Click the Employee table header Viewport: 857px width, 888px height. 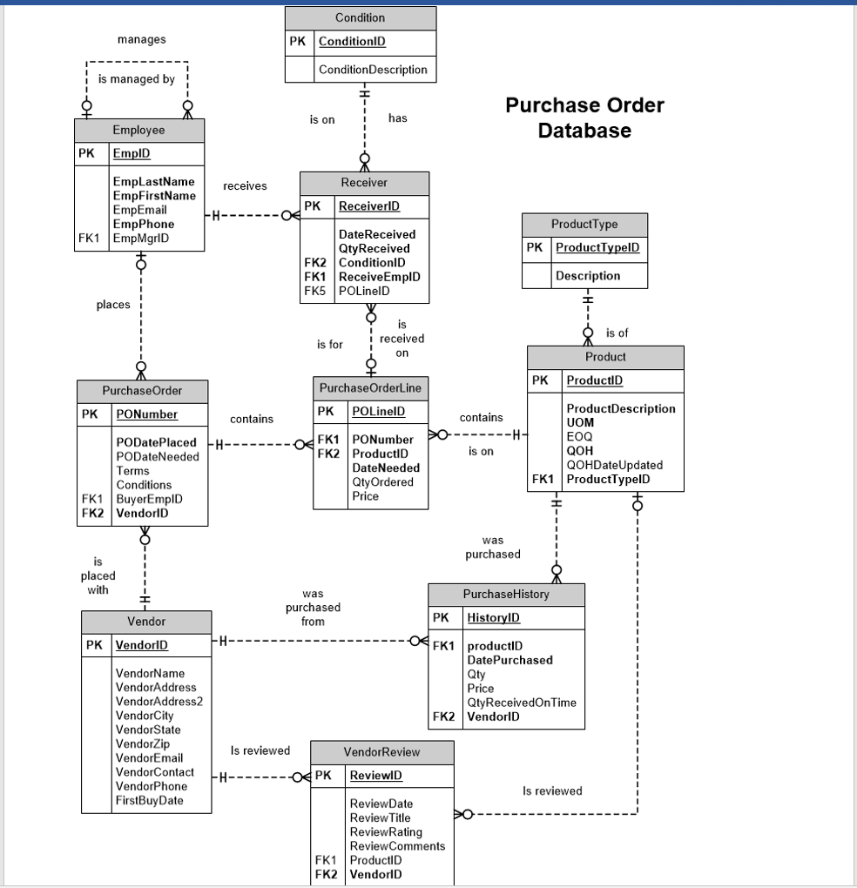coord(139,131)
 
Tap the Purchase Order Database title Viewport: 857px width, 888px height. coord(584,118)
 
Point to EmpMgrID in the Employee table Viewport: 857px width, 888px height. coord(140,238)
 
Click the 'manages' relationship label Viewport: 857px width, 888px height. coord(141,39)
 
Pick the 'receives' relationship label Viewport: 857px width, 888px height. coord(245,186)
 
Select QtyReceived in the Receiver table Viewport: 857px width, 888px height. coord(374,248)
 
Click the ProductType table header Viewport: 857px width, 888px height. coord(584,225)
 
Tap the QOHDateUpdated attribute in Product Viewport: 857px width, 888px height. coord(614,465)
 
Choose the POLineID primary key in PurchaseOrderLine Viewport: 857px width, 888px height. coord(378,411)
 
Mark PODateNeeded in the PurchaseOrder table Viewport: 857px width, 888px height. coord(157,456)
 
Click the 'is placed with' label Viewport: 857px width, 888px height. coord(98,575)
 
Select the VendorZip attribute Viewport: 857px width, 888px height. coord(143,743)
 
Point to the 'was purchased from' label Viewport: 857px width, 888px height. coord(313,607)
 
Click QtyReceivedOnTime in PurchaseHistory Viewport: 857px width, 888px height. coord(522,703)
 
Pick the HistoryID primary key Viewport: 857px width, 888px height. coord(493,618)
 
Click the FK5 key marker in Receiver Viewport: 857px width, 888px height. coord(314,291)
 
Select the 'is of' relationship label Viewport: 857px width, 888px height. coord(617,333)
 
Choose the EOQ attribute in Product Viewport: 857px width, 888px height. coord(579,437)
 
